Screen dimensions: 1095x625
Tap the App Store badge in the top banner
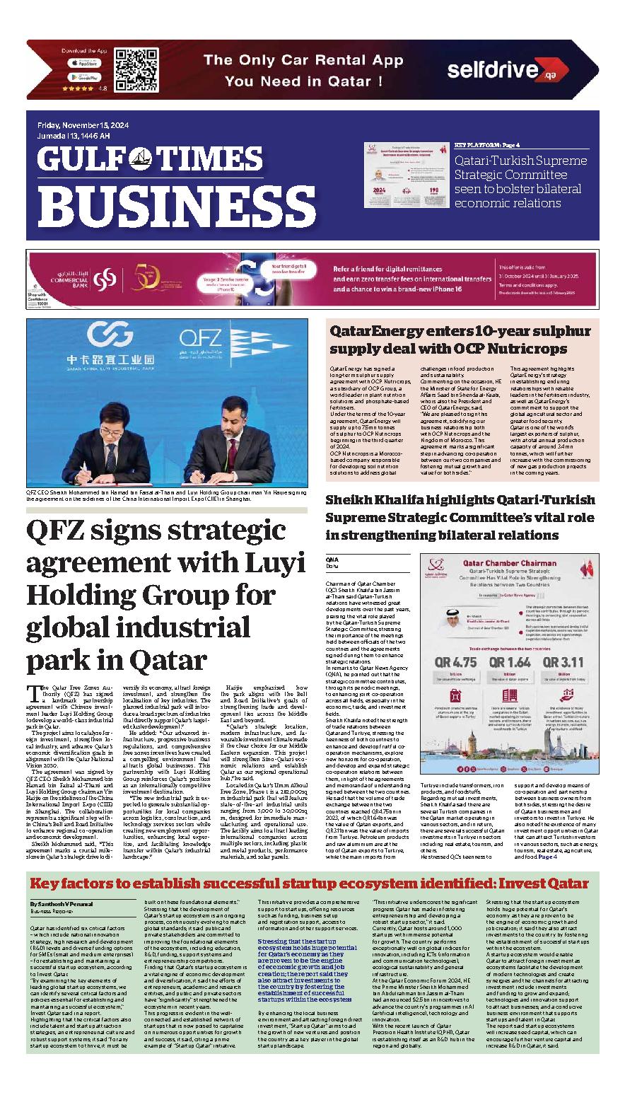pyautogui.click(x=84, y=63)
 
